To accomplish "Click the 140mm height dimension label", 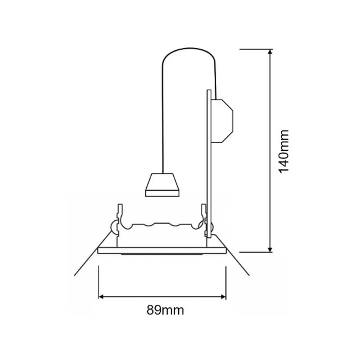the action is [x=283, y=152].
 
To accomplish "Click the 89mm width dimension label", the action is [x=165, y=310].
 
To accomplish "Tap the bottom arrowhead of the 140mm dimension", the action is [x=270, y=250].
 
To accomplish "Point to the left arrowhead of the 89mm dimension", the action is [x=101, y=297].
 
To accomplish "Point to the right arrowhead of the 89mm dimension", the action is [x=223, y=297].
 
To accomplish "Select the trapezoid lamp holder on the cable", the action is [x=162, y=185].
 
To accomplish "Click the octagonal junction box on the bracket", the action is [x=222, y=121].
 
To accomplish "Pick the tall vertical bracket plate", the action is [x=209, y=163].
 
